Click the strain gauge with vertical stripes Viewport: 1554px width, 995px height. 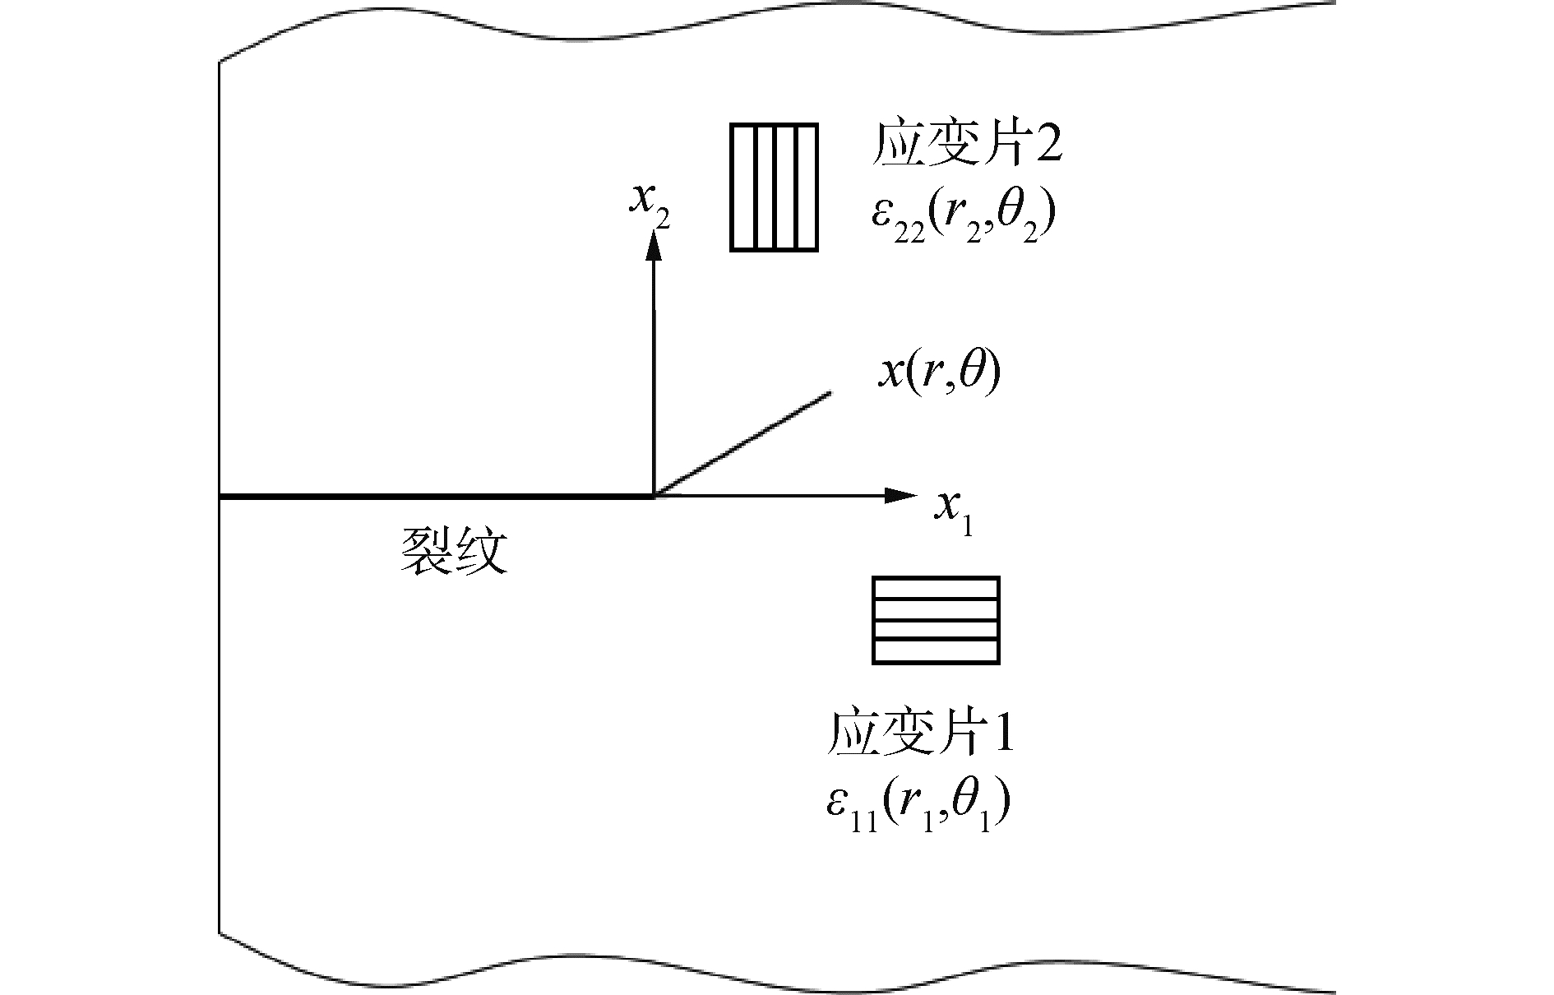point(774,187)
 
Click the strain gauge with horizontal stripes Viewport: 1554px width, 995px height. point(936,620)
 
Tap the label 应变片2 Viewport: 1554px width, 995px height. point(967,146)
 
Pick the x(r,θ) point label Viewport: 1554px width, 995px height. point(940,374)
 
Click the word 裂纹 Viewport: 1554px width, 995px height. point(453,550)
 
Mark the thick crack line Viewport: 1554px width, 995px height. point(436,496)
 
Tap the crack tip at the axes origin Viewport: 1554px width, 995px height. point(654,496)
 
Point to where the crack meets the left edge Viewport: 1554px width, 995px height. point(220,496)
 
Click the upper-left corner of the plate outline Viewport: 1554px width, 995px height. point(220,62)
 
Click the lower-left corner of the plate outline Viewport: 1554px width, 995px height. point(220,933)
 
